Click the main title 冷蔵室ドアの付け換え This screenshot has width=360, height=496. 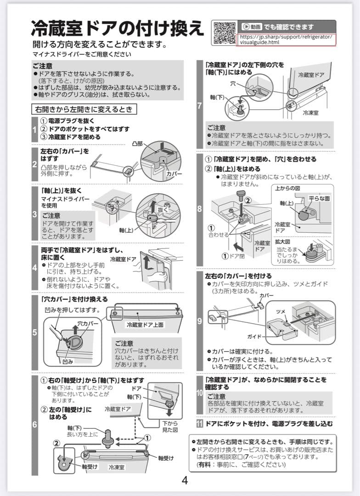click(118, 28)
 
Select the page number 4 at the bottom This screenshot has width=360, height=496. click(185, 480)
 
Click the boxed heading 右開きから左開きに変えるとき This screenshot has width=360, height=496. click(84, 109)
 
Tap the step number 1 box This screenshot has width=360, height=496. click(34, 130)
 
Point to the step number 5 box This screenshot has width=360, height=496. click(34, 332)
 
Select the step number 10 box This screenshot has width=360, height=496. click(199, 394)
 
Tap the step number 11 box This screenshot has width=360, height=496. click(199, 423)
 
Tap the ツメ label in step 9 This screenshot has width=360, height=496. click(280, 311)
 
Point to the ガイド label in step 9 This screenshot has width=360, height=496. click(255, 336)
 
